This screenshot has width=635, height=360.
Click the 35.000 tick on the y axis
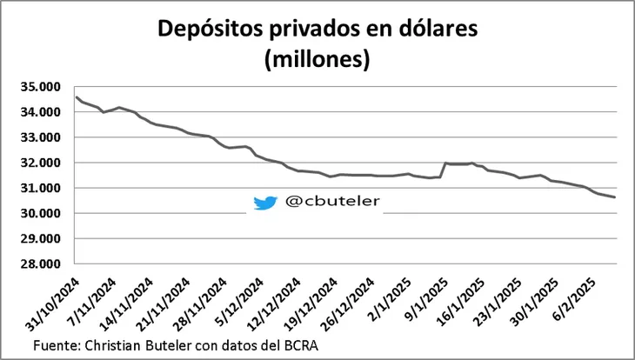point(43,87)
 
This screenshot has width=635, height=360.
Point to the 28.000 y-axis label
point(43,263)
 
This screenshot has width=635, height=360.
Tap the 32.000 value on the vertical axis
point(43,163)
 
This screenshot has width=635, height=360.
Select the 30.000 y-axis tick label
point(43,213)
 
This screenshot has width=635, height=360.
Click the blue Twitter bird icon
point(264,203)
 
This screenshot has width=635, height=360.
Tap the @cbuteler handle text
point(332,202)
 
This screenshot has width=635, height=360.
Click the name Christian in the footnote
point(120,345)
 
